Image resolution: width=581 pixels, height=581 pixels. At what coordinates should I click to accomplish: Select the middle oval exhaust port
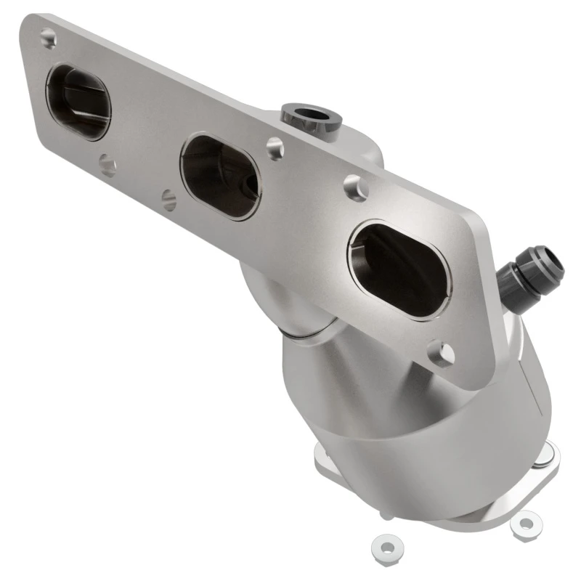click(x=219, y=176)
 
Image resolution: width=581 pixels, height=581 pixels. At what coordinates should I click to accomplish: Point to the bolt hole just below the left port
click(x=107, y=166)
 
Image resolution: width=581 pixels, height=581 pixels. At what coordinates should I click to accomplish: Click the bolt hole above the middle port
click(x=274, y=148)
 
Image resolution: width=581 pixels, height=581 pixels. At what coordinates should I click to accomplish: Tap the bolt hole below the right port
click(x=441, y=354)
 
